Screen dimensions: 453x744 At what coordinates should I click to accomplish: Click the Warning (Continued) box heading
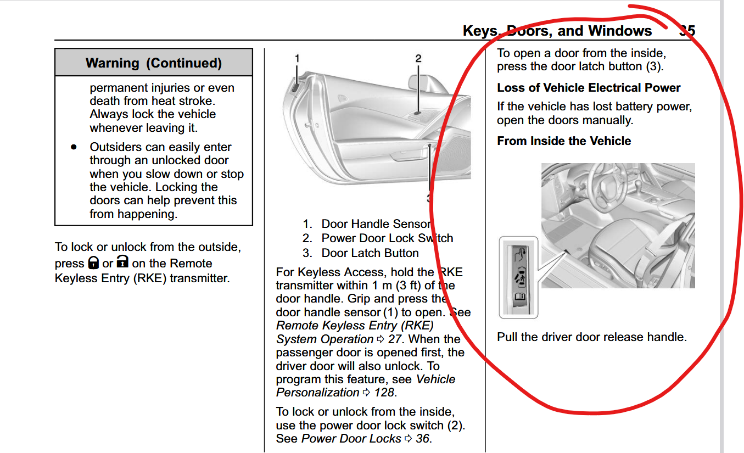point(154,63)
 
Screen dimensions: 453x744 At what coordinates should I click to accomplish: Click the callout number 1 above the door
point(297,58)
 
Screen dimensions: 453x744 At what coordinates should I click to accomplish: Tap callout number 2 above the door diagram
point(418,58)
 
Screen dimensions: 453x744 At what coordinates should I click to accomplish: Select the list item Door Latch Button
point(370,253)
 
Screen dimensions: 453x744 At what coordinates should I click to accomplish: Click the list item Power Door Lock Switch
point(387,238)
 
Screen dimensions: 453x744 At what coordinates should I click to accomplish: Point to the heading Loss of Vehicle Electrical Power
point(589,88)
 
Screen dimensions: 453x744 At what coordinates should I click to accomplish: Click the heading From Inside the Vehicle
point(564,141)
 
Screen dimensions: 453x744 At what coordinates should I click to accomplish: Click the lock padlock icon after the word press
point(93,263)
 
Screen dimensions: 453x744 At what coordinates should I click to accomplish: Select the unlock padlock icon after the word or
point(122,263)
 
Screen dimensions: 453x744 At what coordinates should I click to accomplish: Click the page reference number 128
point(384,393)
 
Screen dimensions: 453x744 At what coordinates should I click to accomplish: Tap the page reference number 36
point(422,439)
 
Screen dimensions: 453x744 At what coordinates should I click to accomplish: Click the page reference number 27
point(395,339)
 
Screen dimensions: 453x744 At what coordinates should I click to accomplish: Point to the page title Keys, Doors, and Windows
point(557,31)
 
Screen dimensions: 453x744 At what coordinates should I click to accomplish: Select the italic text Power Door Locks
point(351,439)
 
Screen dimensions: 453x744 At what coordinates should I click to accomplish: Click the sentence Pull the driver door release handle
point(591,337)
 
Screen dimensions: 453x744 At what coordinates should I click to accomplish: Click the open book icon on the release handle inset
point(519,297)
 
